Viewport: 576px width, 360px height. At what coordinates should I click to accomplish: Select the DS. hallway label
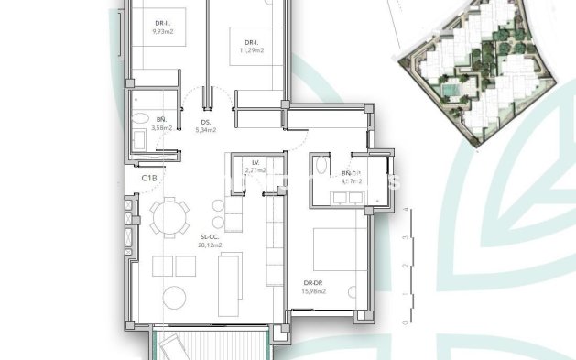tap(206, 121)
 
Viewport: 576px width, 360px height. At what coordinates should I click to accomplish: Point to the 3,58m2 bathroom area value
tap(160, 129)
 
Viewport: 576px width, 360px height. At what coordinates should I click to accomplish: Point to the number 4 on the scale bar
tap(404, 211)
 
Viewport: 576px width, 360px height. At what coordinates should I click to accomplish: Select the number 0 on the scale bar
tap(404, 323)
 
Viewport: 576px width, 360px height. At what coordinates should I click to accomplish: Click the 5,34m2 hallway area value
tap(206, 130)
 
